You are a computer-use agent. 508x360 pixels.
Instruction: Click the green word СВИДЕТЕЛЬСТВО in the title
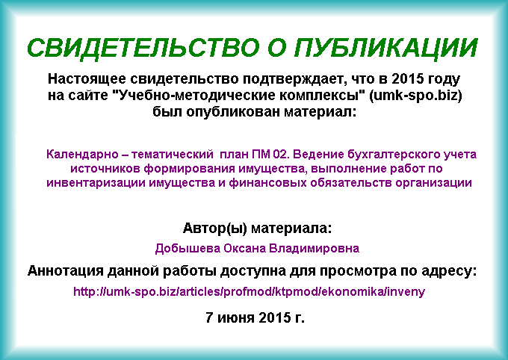click(x=143, y=48)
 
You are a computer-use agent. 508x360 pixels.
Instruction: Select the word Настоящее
click(x=87, y=79)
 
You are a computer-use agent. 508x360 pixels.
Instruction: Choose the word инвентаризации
click(x=96, y=183)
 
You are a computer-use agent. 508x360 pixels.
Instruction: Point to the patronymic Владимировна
click(x=315, y=249)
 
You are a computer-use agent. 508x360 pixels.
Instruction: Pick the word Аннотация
click(x=66, y=271)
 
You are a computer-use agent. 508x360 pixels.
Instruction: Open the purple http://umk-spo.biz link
click(x=249, y=292)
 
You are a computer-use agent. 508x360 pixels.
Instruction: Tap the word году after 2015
click(x=444, y=79)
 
